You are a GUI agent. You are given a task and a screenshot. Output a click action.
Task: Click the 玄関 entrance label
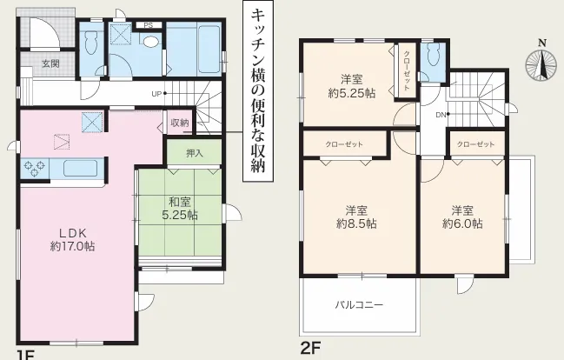(x=50, y=64)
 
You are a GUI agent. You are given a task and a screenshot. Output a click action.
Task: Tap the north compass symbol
(x=541, y=63)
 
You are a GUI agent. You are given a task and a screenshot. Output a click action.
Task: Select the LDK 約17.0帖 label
(x=73, y=240)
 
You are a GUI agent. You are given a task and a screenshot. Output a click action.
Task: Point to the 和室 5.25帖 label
(x=180, y=208)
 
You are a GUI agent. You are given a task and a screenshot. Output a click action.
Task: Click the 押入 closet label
(x=195, y=153)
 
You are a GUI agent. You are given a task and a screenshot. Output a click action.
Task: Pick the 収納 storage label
(x=180, y=123)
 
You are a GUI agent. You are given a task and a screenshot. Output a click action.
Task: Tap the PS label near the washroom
(x=149, y=25)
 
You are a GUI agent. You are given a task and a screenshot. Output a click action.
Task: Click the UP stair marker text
(x=156, y=94)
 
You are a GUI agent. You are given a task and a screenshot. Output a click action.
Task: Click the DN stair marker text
(x=441, y=115)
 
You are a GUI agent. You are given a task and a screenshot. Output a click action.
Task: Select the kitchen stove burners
(x=35, y=169)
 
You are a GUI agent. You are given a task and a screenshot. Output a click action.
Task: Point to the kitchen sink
(x=80, y=168)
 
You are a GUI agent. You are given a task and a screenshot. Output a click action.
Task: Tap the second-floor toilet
(x=435, y=55)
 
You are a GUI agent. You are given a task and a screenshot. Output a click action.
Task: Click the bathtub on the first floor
(x=209, y=49)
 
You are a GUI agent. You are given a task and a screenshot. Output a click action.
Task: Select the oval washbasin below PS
(x=151, y=41)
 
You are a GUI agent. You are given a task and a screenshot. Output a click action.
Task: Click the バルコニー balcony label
(x=359, y=305)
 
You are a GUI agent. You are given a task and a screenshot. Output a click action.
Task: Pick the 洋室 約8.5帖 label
(x=356, y=217)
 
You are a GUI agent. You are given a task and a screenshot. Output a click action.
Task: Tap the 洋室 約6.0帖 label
(x=462, y=217)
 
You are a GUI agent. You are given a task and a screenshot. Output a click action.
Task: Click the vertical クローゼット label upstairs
(x=407, y=70)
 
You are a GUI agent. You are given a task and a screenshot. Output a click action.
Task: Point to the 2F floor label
(x=310, y=348)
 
